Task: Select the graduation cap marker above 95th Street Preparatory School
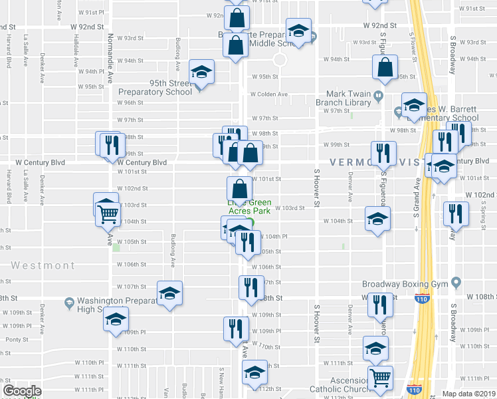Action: [x=201, y=72]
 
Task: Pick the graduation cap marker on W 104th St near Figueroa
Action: [x=377, y=219]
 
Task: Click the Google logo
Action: [x=21, y=391]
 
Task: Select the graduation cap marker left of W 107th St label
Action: [x=169, y=293]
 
